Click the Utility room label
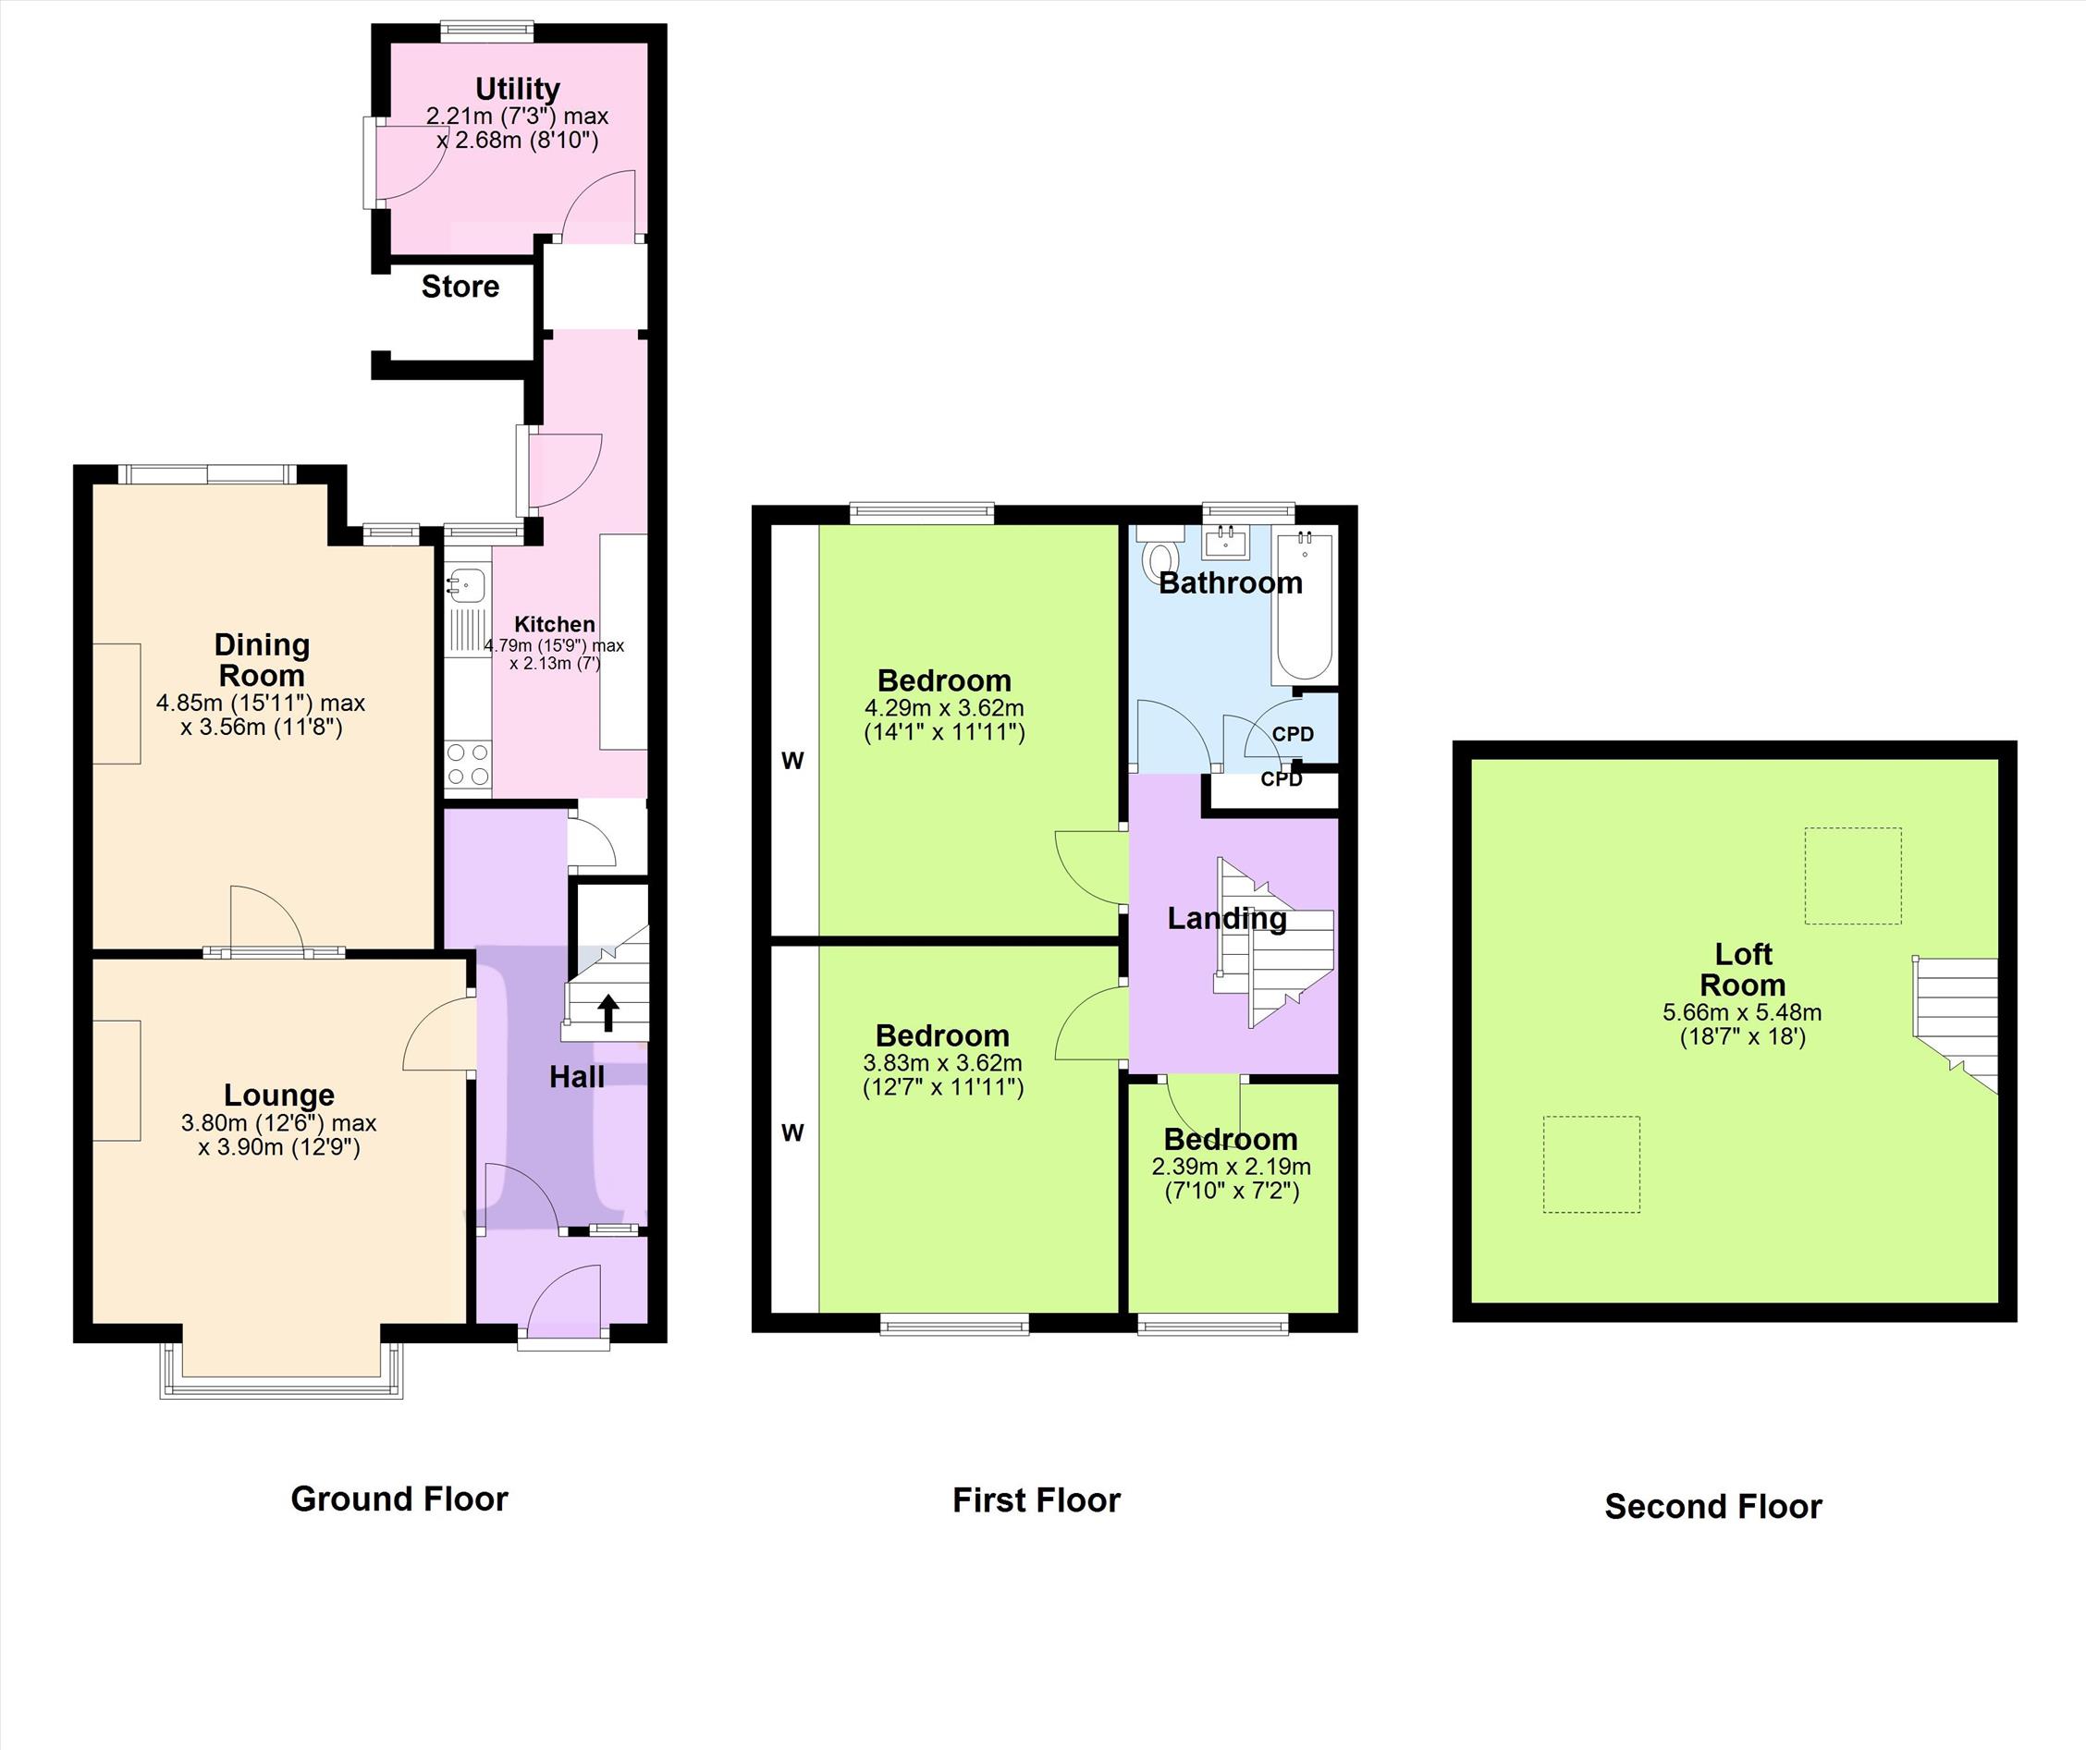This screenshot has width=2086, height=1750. coord(518,90)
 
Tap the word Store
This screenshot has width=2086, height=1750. coord(460,287)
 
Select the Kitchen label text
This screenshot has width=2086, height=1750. coord(554,624)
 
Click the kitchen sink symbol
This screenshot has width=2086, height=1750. coord(465,583)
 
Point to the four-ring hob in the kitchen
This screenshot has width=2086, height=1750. coord(468,765)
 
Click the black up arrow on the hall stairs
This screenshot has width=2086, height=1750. coord(607,1014)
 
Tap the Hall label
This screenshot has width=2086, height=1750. coord(577,1078)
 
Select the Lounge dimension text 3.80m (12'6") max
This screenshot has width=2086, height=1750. coord(278,1123)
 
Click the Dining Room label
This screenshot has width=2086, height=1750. coord(263,660)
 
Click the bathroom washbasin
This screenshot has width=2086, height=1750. coord(1227,543)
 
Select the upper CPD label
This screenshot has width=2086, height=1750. coord(1294,735)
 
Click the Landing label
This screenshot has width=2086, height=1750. coord(1227,920)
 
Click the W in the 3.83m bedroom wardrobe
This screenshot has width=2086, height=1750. coord(791,1133)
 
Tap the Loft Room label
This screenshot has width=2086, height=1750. coord(1742,970)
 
